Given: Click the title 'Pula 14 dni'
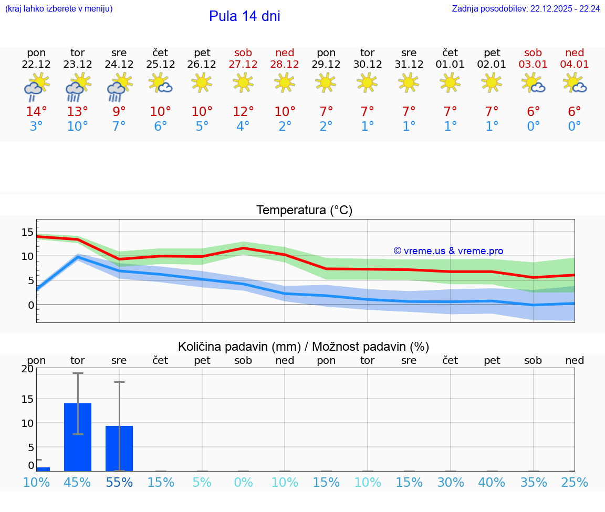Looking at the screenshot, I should (x=244, y=16).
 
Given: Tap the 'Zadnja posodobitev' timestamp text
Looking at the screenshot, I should (x=526, y=9).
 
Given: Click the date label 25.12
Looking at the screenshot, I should (x=160, y=65).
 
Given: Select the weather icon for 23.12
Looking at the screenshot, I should (x=78, y=87).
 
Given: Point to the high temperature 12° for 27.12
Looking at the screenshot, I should (x=243, y=112).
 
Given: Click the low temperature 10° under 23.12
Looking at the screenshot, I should (x=78, y=127).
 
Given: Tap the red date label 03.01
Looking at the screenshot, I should (x=533, y=65).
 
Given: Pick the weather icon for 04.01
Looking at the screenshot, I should (x=575, y=83).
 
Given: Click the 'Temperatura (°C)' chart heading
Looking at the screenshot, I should (x=304, y=211).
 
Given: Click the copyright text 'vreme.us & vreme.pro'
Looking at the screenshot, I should (x=448, y=251).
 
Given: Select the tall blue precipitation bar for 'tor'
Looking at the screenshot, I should (x=78, y=437).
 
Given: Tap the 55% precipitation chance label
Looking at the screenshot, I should (x=119, y=482).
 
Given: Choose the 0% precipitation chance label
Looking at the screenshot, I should (x=243, y=482).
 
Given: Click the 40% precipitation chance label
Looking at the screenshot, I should (x=492, y=482).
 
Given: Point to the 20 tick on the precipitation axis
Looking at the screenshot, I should (x=27, y=369).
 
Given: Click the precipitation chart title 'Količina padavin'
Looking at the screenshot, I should (x=304, y=347).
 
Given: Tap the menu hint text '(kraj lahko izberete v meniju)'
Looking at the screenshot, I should (x=59, y=9).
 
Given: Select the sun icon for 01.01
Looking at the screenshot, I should (x=450, y=82).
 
